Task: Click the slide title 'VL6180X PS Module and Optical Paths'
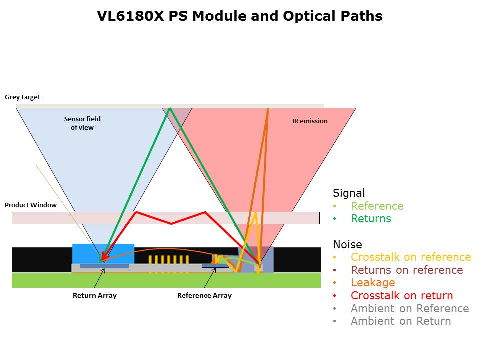[240, 16]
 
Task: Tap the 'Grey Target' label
[22, 97]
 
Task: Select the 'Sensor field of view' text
[82, 123]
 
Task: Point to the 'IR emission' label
[310, 121]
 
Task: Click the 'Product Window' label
[31, 205]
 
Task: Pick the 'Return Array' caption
[95, 295]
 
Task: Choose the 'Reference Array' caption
[204, 295]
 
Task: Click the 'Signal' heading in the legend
[349, 193]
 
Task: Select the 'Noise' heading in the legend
[347, 244]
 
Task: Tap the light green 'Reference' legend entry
[377, 206]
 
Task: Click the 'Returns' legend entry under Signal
[371, 219]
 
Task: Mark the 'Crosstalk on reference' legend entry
[411, 257]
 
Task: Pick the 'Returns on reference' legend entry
[407, 270]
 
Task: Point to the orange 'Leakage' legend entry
[373, 283]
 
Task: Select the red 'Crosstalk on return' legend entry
[402, 296]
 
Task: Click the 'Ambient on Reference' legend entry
[410, 308]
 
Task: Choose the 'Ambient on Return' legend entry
[401, 321]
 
